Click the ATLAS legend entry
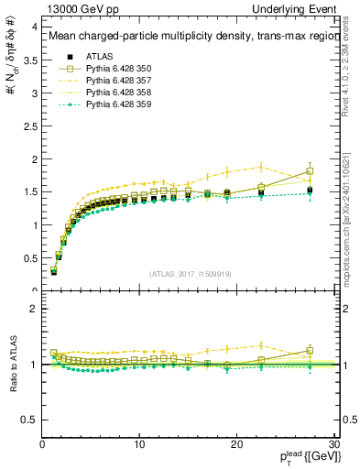[98, 56]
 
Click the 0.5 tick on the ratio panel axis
[28, 420]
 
